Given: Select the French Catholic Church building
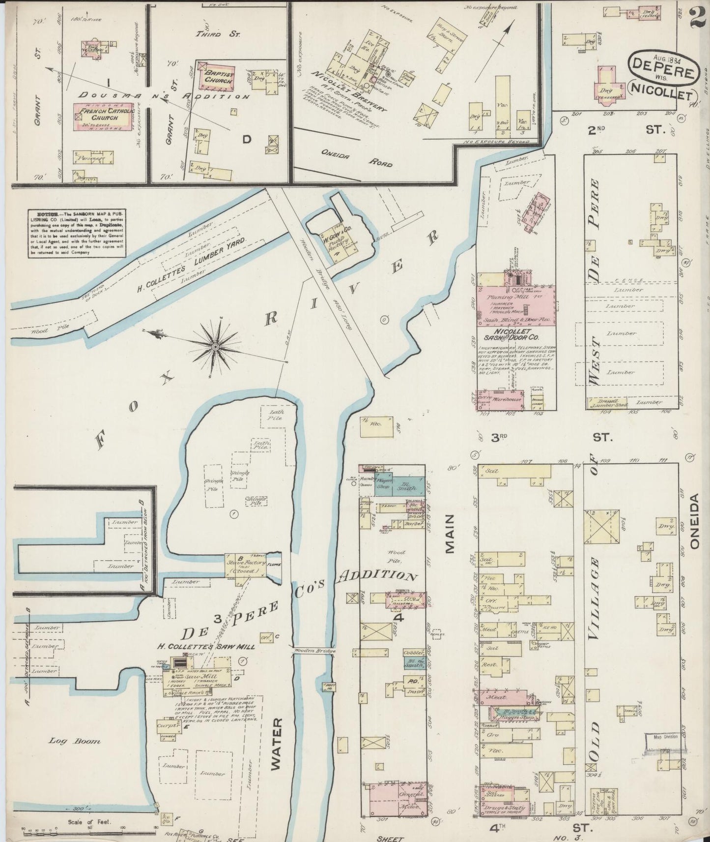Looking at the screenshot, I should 104,117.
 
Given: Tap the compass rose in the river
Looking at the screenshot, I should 215,347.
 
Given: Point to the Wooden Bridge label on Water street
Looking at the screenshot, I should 315,651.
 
